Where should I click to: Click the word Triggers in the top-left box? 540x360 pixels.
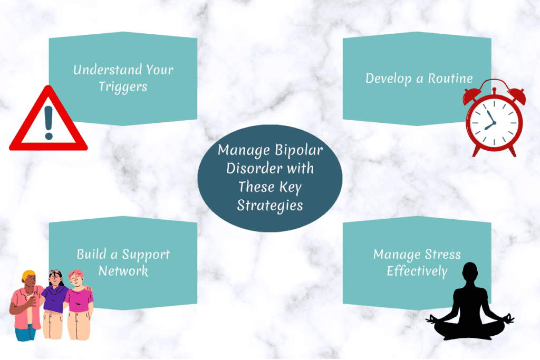[x=123, y=86]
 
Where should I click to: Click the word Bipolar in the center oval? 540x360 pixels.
[x=297, y=151]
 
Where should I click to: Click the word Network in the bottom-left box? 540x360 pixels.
[x=123, y=271]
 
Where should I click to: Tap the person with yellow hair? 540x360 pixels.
[x=26, y=303]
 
